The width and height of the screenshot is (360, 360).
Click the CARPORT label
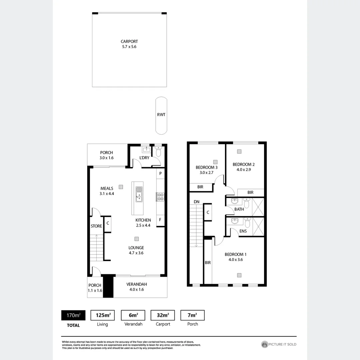pos(129,42)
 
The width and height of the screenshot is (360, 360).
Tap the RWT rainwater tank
pos(161,115)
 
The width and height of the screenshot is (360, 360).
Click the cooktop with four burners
pos(160,197)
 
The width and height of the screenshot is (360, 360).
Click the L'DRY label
pos(144,158)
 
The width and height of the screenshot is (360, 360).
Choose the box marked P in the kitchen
pos(160,173)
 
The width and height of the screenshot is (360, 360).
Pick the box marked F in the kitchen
pos(160,220)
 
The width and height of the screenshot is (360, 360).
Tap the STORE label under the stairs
pos(96,226)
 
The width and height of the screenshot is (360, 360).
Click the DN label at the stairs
pos(196,202)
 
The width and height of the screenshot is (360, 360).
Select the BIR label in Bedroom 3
pos(200,187)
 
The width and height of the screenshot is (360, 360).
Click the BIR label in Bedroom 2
pos(250,192)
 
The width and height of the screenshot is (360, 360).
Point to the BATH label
pos(239,209)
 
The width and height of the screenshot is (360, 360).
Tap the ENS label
pos(243,231)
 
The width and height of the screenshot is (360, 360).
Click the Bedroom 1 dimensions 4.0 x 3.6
pos(235,260)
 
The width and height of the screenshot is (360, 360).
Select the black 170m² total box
pos(73,315)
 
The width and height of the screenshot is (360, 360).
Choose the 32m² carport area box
pos(163,315)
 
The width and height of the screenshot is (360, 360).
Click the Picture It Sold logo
pos(279,344)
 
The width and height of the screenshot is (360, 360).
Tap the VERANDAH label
pos(137,284)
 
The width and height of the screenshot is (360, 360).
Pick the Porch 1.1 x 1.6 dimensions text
pos(95,290)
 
